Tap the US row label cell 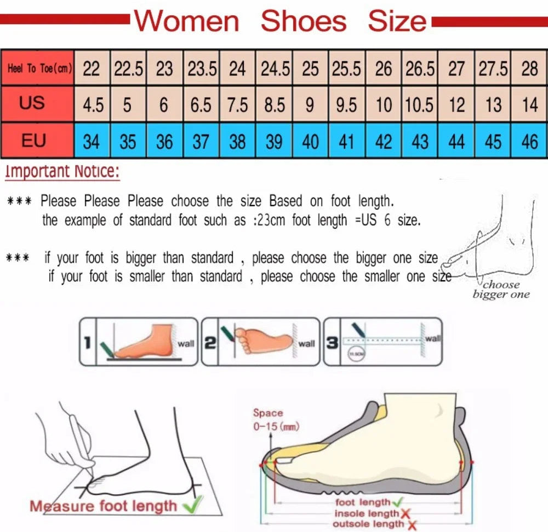coord(32,103)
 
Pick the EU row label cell coord(33,141)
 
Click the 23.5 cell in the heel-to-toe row coord(201,68)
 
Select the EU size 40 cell coord(310,142)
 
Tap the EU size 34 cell coord(92,142)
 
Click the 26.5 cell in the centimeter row coord(420,68)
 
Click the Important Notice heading coord(62,171)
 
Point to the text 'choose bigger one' coord(501,290)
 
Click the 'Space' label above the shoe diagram coord(268,413)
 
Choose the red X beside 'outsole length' coord(410,525)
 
